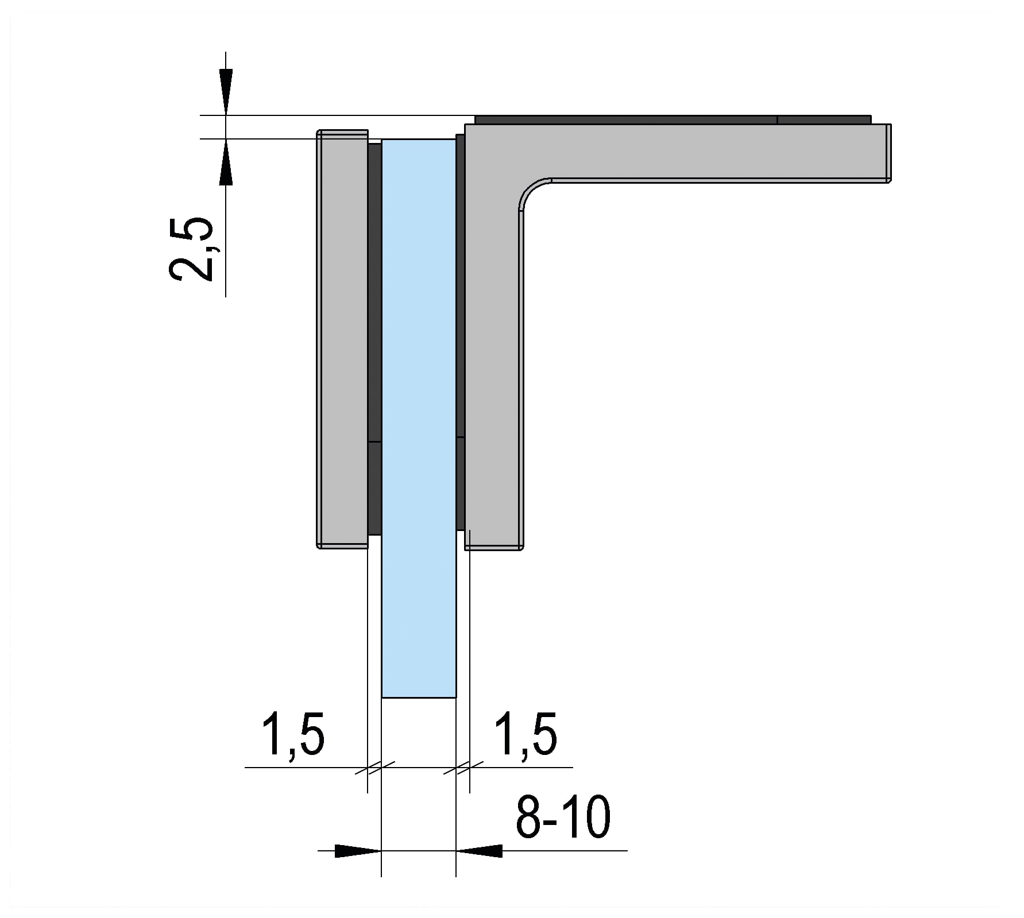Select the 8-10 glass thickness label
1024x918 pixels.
click(x=563, y=817)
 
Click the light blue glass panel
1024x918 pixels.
click(x=419, y=418)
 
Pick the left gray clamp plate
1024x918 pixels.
click(x=343, y=339)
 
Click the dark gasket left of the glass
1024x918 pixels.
click(x=374, y=339)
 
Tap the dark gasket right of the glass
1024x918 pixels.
click(x=460, y=332)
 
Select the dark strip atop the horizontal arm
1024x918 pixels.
click(x=673, y=120)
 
